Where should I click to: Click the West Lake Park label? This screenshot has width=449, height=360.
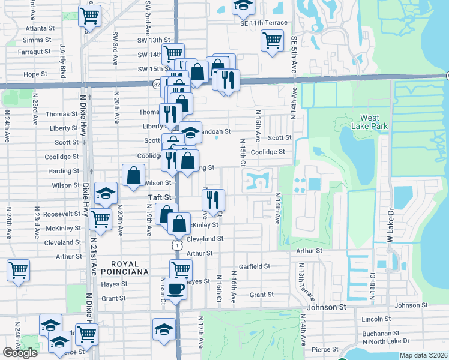373,122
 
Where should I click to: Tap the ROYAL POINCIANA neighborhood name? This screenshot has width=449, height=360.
121,268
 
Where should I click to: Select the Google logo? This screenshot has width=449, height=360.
20,353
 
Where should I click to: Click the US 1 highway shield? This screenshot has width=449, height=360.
176,245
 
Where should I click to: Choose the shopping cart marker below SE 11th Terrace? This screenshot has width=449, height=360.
272,41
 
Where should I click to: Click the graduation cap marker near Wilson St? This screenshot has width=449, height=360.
106,193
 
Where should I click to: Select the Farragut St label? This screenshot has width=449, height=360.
35,52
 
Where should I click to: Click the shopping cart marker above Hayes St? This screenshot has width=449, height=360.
180,269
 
